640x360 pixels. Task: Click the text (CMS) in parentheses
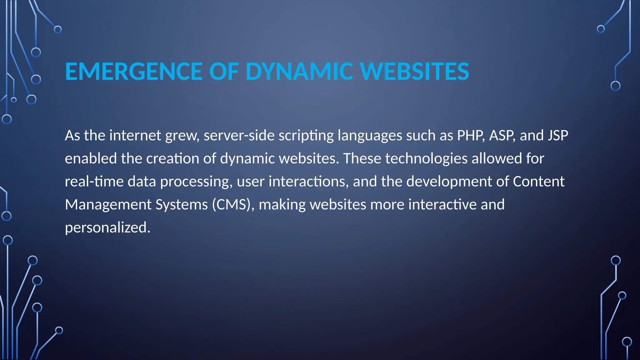[x=231, y=205]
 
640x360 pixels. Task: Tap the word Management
[x=108, y=205]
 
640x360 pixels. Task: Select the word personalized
[x=107, y=228]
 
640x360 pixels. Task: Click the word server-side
[x=239, y=136]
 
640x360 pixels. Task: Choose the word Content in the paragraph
[x=538, y=182]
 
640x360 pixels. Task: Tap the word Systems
[x=182, y=205]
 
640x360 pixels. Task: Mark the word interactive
[x=442, y=205]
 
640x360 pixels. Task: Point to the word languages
[x=370, y=136]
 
